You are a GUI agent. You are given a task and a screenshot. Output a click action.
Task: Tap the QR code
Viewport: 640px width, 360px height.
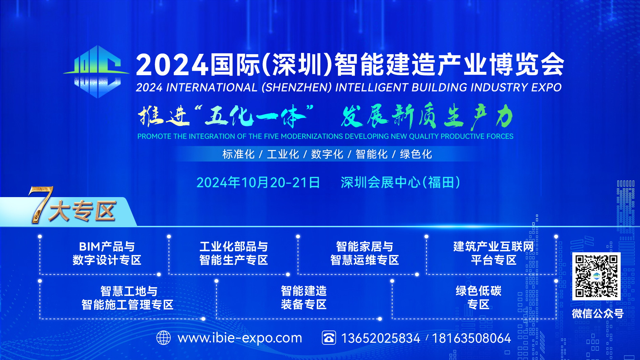[x=596, y=276]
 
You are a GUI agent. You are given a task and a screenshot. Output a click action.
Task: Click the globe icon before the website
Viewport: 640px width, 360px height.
[x=164, y=338]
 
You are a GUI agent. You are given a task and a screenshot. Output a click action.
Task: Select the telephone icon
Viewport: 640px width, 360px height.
[x=329, y=338]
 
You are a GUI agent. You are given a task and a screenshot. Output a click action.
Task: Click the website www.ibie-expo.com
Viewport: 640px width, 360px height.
[x=240, y=338]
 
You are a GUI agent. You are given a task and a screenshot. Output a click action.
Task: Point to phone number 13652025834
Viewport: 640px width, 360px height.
[x=381, y=338]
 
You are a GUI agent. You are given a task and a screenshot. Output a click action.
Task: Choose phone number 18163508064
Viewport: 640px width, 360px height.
[x=471, y=338]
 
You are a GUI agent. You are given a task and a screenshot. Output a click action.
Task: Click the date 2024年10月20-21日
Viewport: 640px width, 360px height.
[x=258, y=183]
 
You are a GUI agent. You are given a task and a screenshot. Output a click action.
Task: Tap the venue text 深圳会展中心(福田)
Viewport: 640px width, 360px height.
[x=400, y=183]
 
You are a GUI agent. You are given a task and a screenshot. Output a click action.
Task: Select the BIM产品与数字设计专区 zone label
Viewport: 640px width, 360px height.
[x=107, y=253]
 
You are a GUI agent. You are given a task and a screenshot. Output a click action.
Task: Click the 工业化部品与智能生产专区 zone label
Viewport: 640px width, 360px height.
[x=234, y=253]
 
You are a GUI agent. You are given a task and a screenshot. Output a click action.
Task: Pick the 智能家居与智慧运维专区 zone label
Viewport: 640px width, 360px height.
[x=365, y=253]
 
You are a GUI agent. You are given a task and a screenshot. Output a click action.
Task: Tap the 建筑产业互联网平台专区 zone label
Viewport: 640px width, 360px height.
[x=494, y=253]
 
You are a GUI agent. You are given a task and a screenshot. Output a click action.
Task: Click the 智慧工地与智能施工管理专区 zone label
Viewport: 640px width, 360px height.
[x=128, y=298]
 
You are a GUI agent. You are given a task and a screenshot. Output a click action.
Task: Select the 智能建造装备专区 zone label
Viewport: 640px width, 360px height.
[x=304, y=298]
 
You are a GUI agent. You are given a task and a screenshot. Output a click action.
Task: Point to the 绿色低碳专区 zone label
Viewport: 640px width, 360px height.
[x=478, y=298]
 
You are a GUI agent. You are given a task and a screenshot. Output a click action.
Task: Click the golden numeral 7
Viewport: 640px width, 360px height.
[x=40, y=204]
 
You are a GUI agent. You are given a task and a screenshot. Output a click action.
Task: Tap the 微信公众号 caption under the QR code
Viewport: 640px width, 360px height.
[x=598, y=314]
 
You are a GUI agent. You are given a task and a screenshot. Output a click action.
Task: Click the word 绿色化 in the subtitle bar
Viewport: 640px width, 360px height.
[x=416, y=154]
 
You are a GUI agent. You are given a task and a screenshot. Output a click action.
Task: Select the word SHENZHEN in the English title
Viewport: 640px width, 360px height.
[x=297, y=87]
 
